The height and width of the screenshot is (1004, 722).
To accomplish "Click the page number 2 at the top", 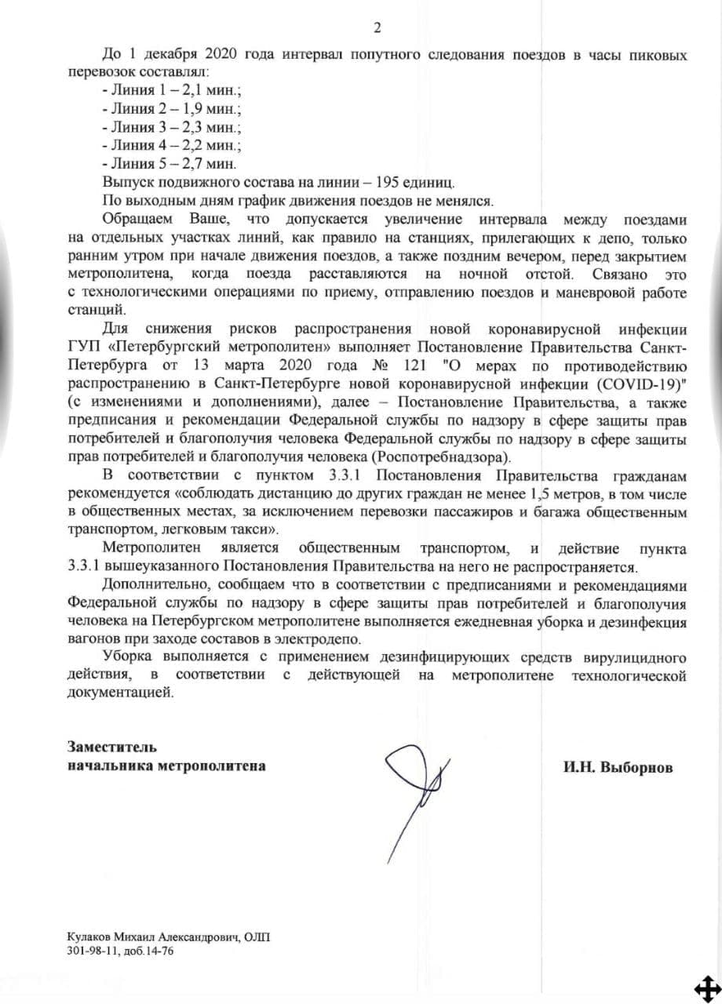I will click(x=377, y=29).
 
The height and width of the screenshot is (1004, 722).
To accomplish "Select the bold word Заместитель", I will click(x=112, y=748).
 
